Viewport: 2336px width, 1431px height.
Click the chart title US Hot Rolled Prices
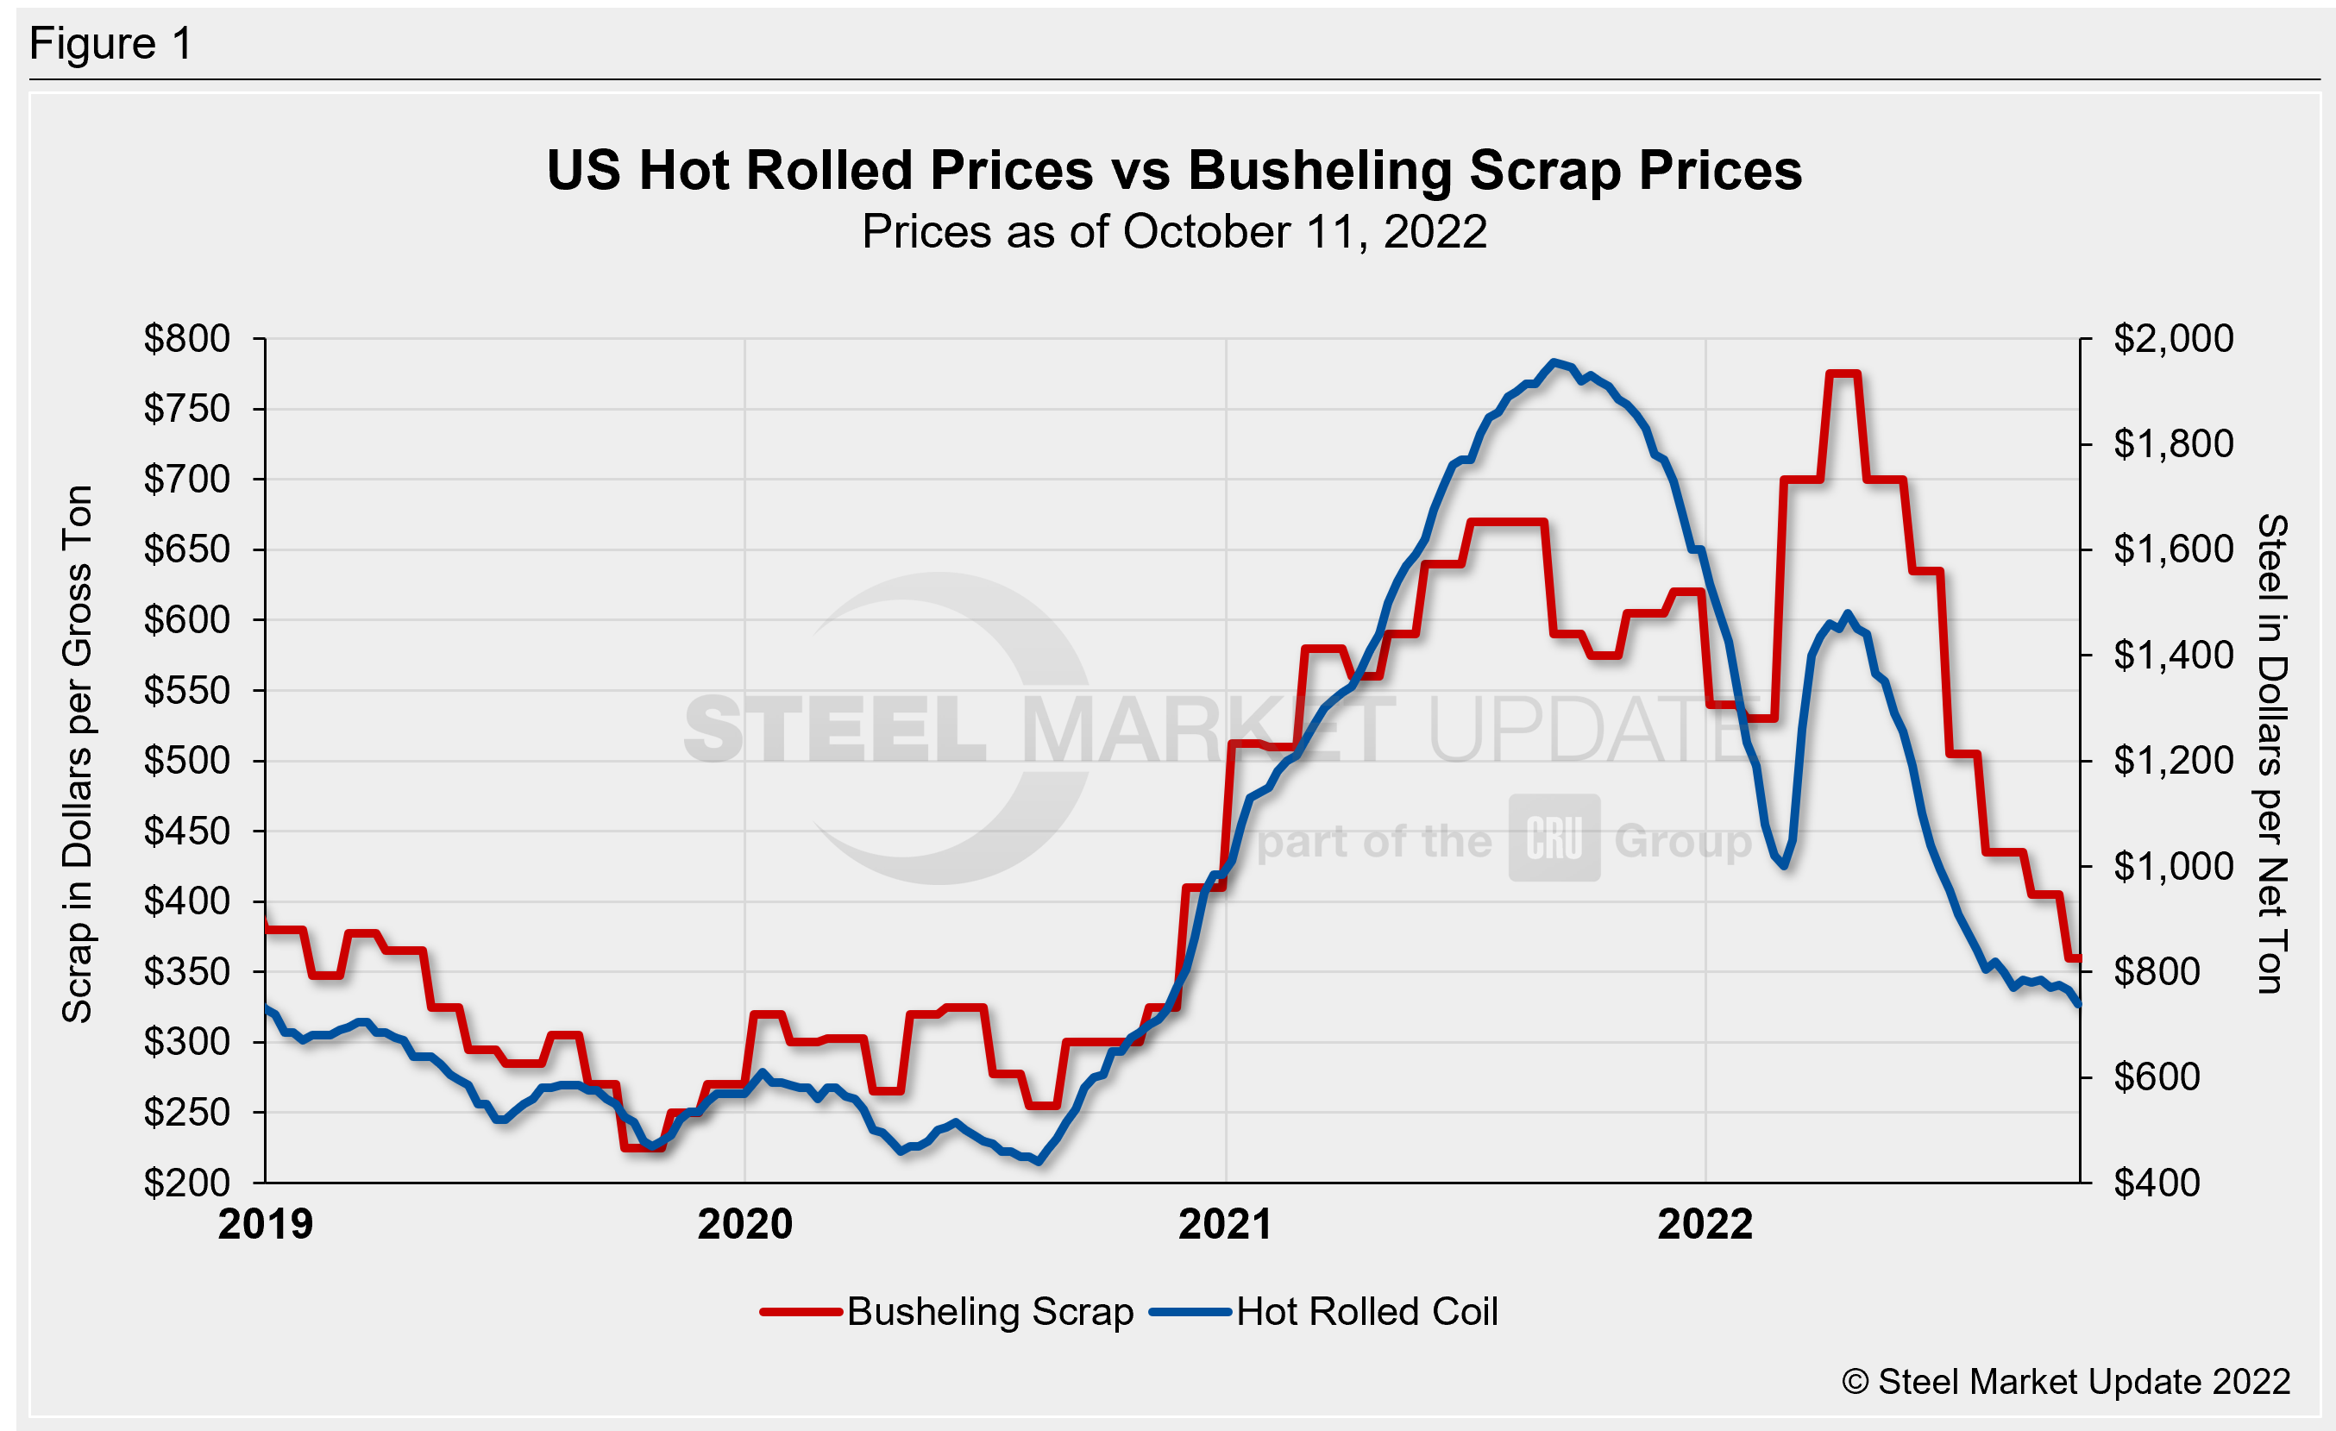pyautogui.click(x=1174, y=172)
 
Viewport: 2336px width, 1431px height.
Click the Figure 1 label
pyautogui.click(x=111, y=44)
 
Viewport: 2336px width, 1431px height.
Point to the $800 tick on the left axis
pyautogui.click(x=187, y=338)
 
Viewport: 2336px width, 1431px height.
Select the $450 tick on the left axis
pyautogui.click(x=187, y=832)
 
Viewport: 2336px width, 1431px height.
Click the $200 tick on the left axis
pyautogui.click(x=187, y=1183)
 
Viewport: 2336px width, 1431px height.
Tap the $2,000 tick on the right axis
pyautogui.click(x=2173, y=338)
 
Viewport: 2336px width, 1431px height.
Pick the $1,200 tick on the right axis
pyautogui.click(x=2173, y=761)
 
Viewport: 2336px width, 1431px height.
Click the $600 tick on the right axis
pyautogui.click(x=2156, y=1077)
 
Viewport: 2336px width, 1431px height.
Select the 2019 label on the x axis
pyautogui.click(x=266, y=1224)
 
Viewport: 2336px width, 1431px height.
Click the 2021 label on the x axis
pyautogui.click(x=1225, y=1224)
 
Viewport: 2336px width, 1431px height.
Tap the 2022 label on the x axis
pyautogui.click(x=1705, y=1224)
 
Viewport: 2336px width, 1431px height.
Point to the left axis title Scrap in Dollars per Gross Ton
pyautogui.click(x=78, y=755)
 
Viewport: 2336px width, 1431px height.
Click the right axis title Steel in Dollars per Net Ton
pyautogui.click(x=2271, y=755)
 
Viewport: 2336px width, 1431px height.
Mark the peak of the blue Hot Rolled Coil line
pyautogui.click(x=1553, y=362)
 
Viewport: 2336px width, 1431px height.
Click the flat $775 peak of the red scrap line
pyautogui.click(x=1843, y=373)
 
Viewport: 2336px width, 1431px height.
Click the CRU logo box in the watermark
pyautogui.click(x=1554, y=838)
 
